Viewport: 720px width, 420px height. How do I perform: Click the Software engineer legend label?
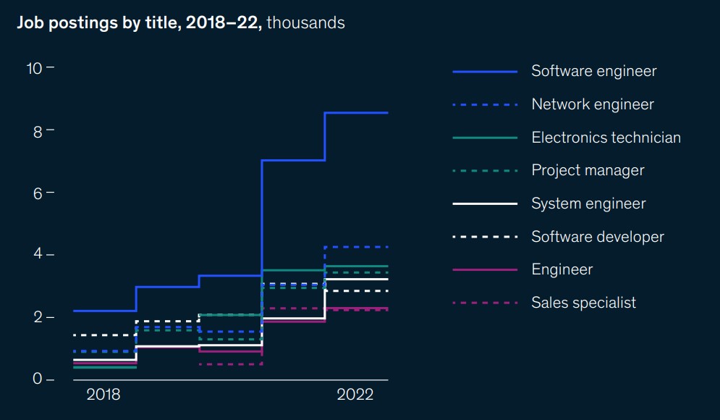(593, 71)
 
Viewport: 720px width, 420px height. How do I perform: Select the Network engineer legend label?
(592, 104)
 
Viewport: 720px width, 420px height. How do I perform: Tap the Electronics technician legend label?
(606, 138)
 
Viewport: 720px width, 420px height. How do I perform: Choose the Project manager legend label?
(588, 170)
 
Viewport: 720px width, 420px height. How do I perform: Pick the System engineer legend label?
(588, 203)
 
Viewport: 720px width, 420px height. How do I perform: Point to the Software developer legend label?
(597, 237)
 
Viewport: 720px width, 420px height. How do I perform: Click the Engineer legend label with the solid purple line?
(562, 269)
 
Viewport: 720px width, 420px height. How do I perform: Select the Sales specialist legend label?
(583, 303)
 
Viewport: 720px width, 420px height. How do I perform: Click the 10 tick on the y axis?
(34, 68)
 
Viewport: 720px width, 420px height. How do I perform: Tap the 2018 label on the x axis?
(103, 395)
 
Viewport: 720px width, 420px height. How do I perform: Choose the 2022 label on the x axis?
(355, 395)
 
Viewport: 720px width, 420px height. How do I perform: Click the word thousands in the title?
(305, 23)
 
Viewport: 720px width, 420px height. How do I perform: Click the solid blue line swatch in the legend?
(485, 72)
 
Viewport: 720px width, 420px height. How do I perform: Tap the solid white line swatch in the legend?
(485, 204)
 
